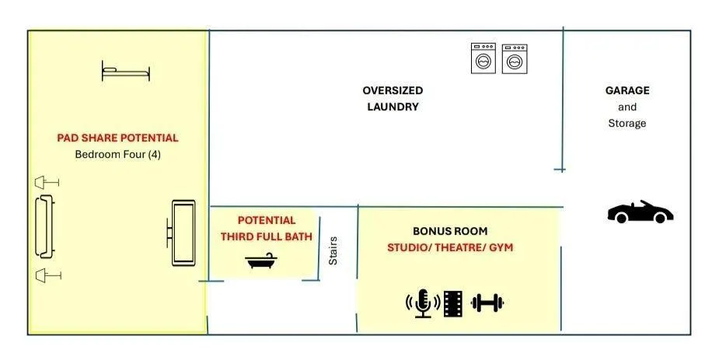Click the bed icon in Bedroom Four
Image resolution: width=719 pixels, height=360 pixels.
pos(126,72)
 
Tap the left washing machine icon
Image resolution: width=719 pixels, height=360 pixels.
pos(483,58)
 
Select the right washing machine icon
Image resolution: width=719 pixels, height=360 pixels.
pos(515,58)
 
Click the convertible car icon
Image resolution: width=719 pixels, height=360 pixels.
pos(640,211)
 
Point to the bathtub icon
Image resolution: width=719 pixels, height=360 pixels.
pos(261,260)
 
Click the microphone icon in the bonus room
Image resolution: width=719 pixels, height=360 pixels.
pos(422,303)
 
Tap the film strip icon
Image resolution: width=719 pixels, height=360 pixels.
pos(452,303)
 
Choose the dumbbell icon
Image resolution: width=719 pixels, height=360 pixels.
pos(487,303)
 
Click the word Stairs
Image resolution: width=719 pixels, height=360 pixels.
pos(333,250)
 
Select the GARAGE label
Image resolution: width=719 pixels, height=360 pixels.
pos(627,90)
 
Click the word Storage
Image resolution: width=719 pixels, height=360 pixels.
pos(627,123)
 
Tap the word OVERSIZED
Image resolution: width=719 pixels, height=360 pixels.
pos(393,90)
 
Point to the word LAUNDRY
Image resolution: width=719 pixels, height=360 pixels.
pos(393,107)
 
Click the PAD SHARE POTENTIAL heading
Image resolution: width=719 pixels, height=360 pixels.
pos(117,138)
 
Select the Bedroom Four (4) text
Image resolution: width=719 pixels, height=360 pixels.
pos(118,154)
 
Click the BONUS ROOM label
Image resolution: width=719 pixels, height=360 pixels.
pos(450,231)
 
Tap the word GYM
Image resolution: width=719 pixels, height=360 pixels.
pos(501,247)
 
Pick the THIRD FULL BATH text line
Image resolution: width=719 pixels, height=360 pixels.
pos(267,236)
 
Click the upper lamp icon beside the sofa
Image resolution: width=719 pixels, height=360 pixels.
pos(47,183)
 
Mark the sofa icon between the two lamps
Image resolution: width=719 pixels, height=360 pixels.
pos(45,226)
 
